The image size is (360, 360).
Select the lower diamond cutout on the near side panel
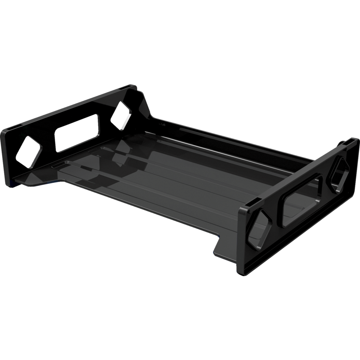coord(259,229)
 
